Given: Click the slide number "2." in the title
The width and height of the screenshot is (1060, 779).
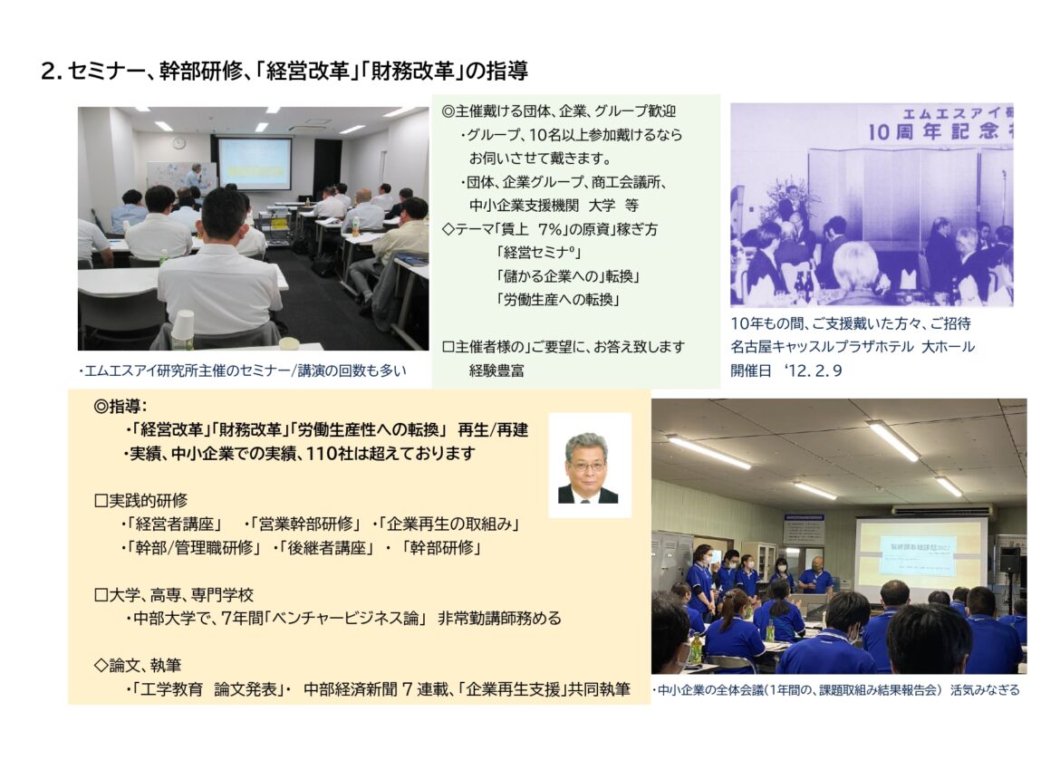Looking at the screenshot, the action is (x=52, y=71).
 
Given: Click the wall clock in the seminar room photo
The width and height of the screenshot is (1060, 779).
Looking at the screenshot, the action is (x=179, y=142).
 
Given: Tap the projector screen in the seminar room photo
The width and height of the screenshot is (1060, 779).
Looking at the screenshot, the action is (x=255, y=163).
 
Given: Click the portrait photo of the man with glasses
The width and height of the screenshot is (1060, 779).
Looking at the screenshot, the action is (x=590, y=466).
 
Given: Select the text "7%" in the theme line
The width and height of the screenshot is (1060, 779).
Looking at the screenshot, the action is (x=550, y=230).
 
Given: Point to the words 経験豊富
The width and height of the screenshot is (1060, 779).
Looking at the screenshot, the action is (x=496, y=370).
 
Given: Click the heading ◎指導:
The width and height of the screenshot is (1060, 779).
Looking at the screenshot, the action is (x=120, y=406).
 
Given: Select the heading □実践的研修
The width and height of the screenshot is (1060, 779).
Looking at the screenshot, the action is (x=140, y=501).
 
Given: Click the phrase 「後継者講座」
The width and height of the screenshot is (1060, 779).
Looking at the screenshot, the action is (x=327, y=547).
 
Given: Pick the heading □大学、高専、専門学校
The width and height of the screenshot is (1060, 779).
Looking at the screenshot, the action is (x=174, y=595).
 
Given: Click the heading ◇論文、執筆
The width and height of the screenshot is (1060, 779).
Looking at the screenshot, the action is (x=138, y=666).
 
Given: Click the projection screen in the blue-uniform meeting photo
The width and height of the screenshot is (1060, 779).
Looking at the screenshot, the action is (x=920, y=553).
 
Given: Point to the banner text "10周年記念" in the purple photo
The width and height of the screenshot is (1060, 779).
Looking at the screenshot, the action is (x=931, y=131).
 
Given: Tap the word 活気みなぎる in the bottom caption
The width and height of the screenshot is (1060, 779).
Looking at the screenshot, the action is (x=985, y=690).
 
